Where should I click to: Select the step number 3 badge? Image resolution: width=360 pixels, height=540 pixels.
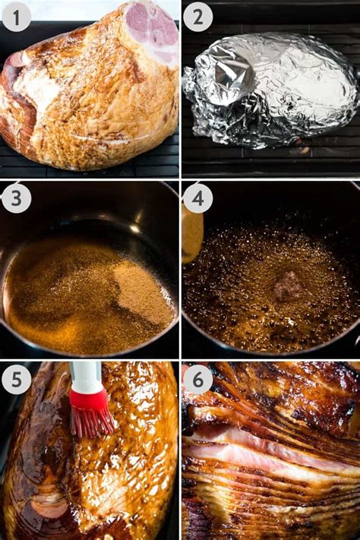16,198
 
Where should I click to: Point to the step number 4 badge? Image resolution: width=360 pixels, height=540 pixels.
197,198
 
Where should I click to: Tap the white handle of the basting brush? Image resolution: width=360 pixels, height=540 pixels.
86,375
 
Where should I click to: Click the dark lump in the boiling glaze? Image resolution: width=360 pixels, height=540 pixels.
288,286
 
